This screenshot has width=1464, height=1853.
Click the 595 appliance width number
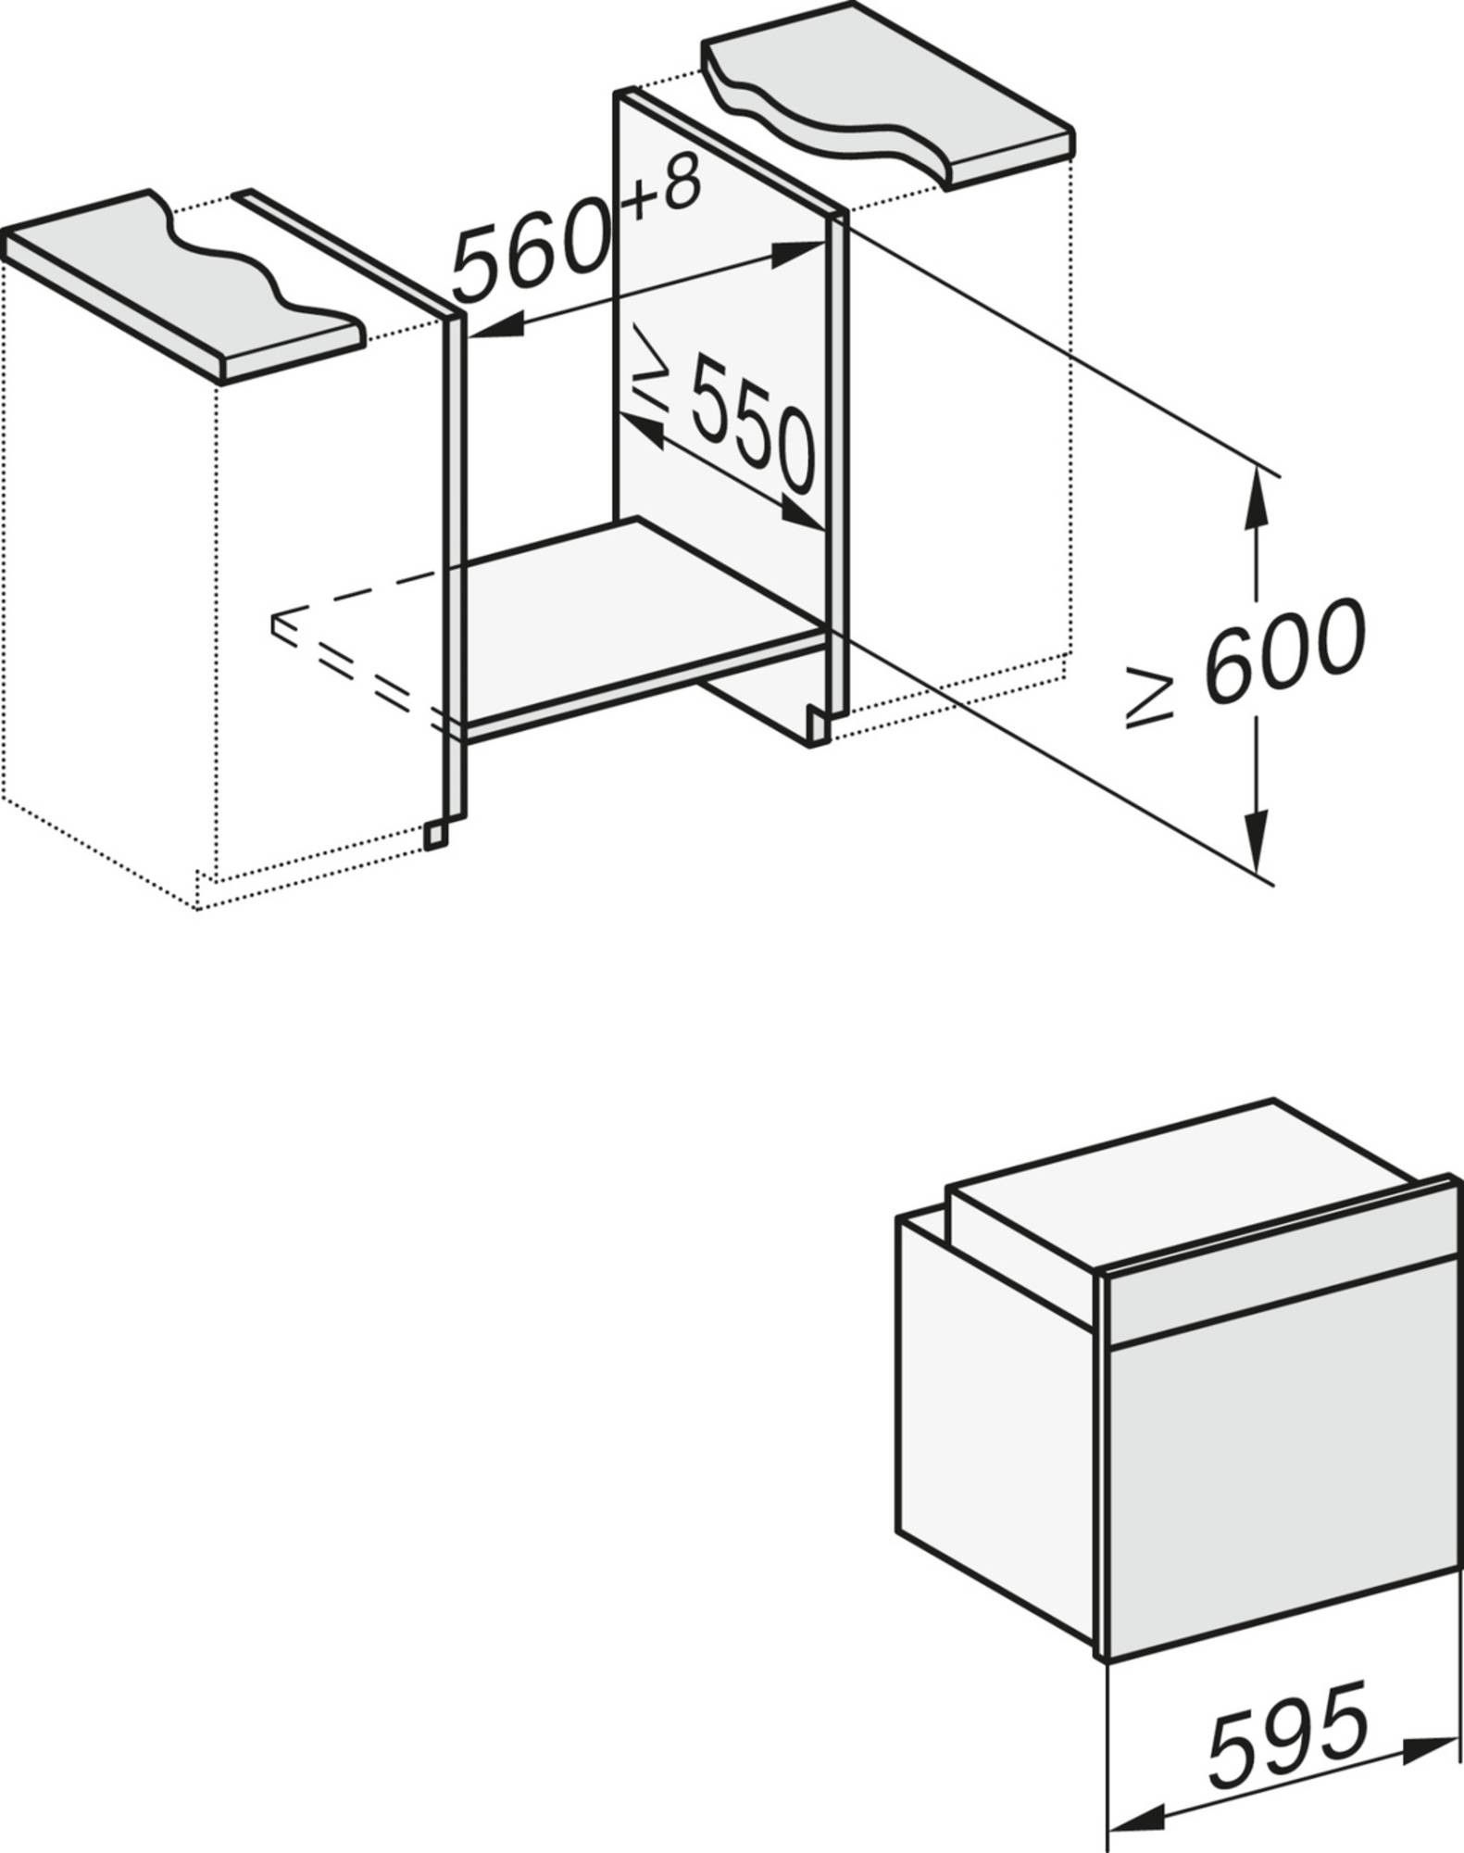pyautogui.click(x=1287, y=1731)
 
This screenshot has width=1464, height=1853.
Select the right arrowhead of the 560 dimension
pyautogui.click(x=801, y=251)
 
